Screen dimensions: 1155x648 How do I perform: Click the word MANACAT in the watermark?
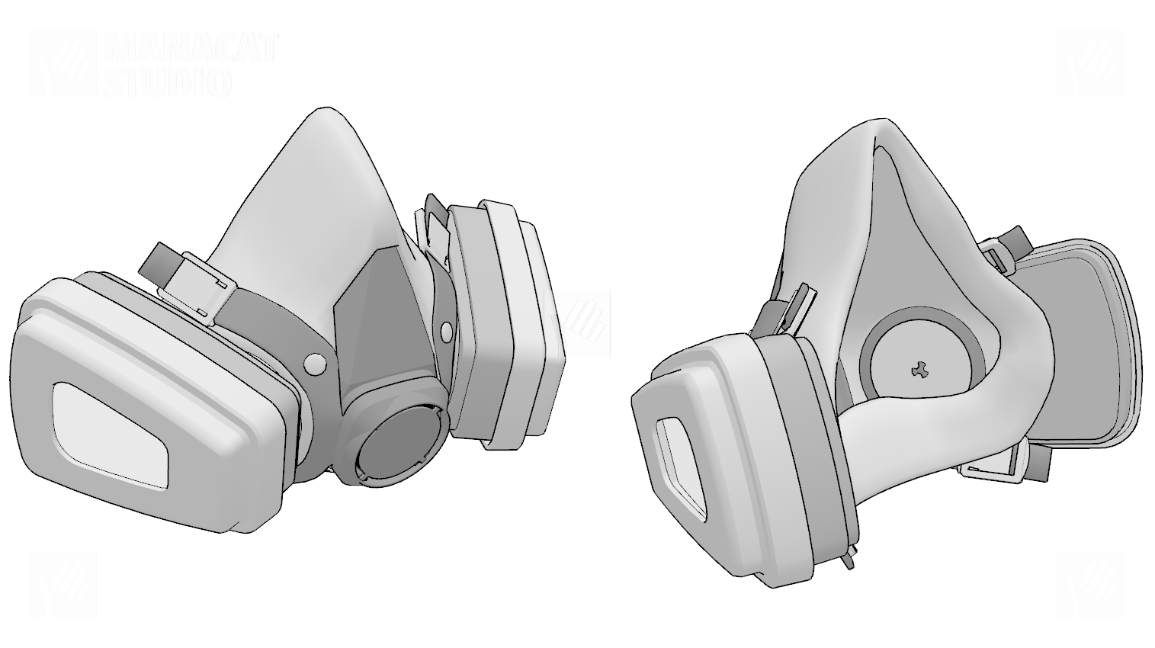point(192,49)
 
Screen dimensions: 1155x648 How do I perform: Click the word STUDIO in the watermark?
point(168,82)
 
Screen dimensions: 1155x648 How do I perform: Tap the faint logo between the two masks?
point(578,324)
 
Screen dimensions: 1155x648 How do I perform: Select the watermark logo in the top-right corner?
point(1090,64)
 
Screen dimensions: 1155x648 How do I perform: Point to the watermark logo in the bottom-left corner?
point(63,584)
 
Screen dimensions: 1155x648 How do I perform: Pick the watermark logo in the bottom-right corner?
point(1090,584)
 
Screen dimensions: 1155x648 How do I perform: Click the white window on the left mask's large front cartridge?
point(111,436)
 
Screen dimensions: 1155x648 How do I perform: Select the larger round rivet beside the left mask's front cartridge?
point(315,365)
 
